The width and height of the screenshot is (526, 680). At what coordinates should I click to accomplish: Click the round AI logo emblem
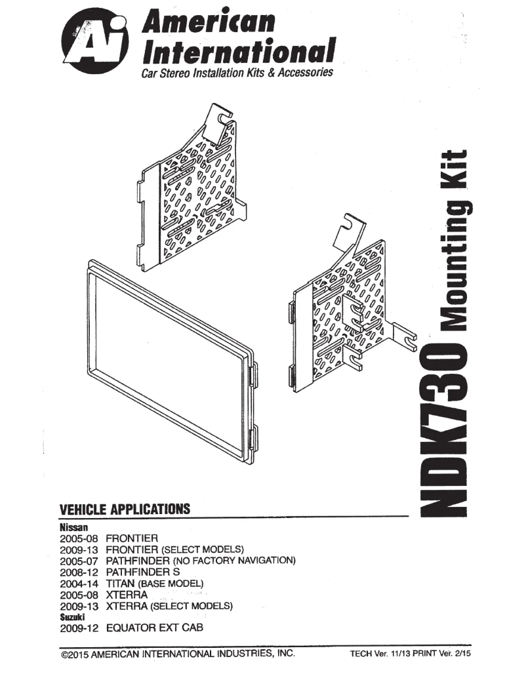coord(98,40)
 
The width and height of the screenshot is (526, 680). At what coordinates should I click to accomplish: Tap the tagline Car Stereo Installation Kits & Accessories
coord(237,72)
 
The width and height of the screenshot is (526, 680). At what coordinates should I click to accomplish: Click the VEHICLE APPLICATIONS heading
coord(125,509)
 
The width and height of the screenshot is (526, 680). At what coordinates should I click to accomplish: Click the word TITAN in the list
coord(120,583)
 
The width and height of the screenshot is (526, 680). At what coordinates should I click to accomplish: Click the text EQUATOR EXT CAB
coord(154,628)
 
